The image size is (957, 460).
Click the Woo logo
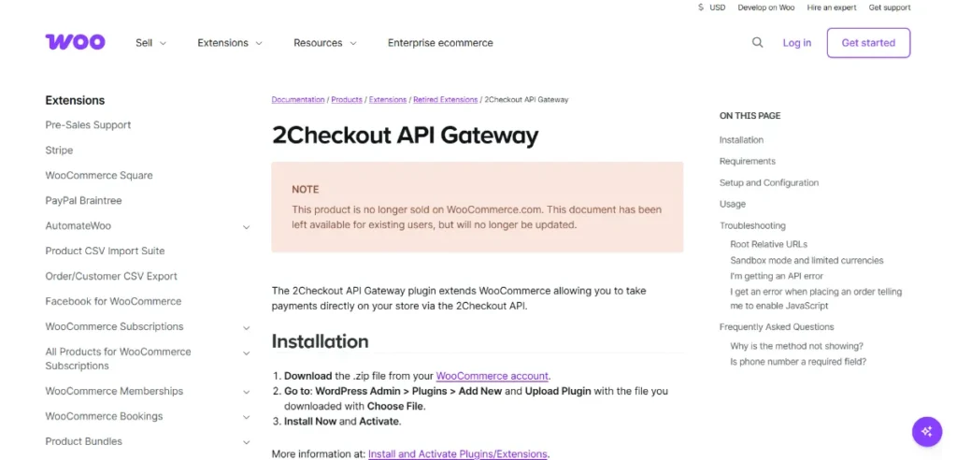click(x=75, y=42)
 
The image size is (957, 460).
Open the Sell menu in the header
click(x=150, y=43)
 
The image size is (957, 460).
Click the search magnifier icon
click(x=758, y=42)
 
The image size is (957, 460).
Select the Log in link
click(x=796, y=43)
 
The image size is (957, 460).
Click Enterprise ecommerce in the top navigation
click(x=440, y=43)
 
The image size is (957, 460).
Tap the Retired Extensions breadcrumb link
click(x=445, y=99)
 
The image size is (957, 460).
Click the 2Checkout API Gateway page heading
click(x=405, y=136)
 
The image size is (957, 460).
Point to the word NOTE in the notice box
click(x=305, y=189)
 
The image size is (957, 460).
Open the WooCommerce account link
click(x=493, y=376)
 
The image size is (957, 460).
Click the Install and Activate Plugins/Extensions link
click(x=458, y=454)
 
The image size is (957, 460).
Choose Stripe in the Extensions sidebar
click(x=59, y=151)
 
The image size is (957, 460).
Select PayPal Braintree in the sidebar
click(x=83, y=201)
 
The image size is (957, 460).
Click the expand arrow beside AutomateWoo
click(x=247, y=226)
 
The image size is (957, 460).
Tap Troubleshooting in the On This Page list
click(x=752, y=226)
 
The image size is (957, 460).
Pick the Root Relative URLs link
click(x=768, y=244)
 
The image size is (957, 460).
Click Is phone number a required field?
click(x=797, y=362)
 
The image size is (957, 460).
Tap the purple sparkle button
click(x=926, y=431)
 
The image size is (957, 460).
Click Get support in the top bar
click(x=889, y=7)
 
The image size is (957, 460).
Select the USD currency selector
click(x=711, y=7)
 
